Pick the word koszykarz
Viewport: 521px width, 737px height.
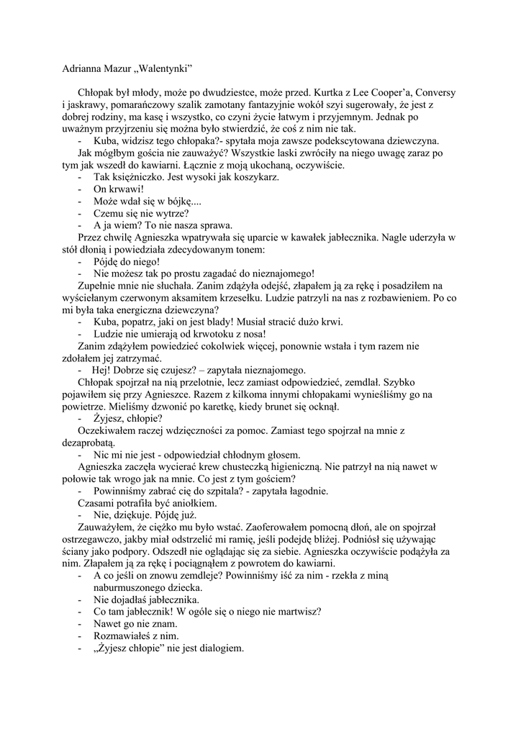pyautogui.click(x=255, y=177)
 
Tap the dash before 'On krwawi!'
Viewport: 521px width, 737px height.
pyautogui.click(x=80, y=189)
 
